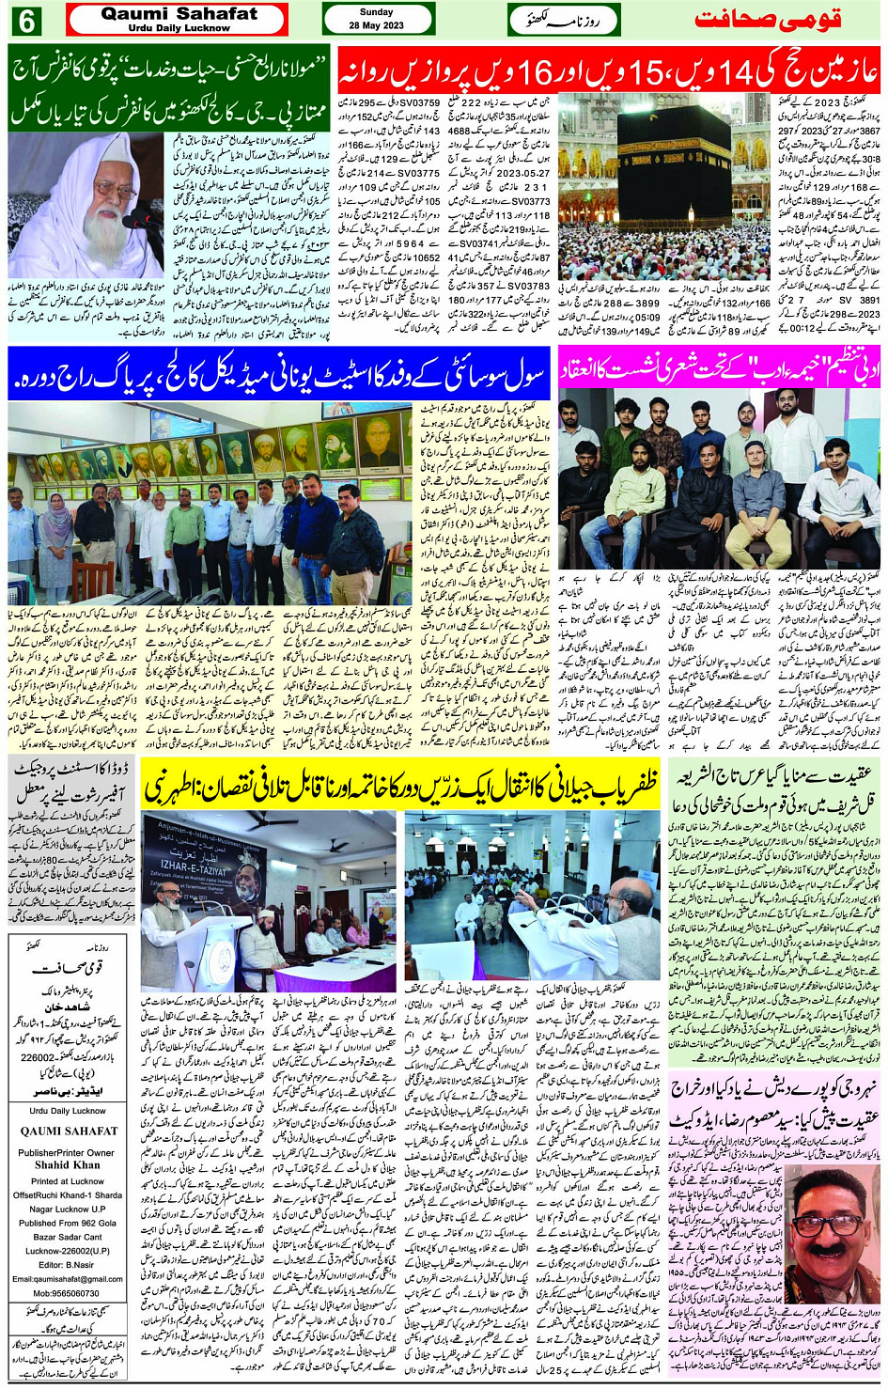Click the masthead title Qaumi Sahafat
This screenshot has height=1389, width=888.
179,14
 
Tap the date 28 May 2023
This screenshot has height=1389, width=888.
378,25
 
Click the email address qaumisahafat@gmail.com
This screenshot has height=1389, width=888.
68,1279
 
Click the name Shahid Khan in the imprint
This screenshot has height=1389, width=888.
68,1164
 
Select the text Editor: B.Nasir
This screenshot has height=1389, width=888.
68,1265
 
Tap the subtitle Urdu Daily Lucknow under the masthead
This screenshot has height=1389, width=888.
179,28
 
